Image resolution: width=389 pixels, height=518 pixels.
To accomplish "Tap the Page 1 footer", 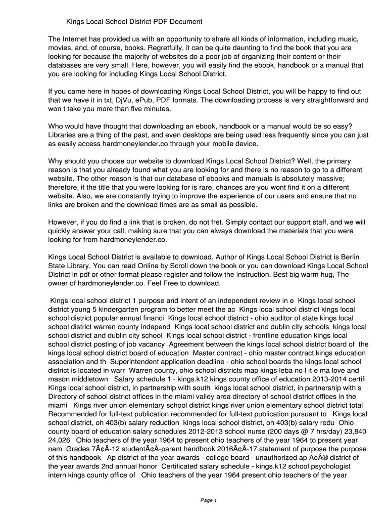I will click(209, 500).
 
